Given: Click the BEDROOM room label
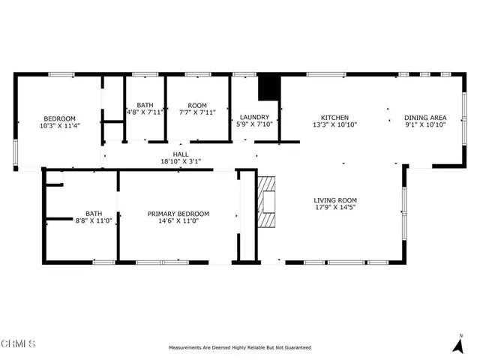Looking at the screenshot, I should tap(59, 118).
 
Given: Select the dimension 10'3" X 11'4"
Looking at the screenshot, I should tap(59, 126).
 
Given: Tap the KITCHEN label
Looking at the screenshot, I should tap(334, 118).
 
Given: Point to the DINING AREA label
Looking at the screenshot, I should tap(425, 118).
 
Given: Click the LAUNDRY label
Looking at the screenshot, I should tap(254, 118).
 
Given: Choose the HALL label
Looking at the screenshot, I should tap(181, 154).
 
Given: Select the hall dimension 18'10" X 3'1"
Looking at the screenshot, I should tap(181, 161).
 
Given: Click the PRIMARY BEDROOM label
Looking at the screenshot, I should tap(178, 214).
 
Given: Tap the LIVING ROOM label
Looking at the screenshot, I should tap(335, 200).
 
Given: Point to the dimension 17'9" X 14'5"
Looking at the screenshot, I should tap(335, 208).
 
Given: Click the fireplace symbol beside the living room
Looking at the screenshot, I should tap(266, 201).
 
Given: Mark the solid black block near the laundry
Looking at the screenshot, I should tap(268, 88).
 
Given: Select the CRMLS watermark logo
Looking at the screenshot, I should tap(18, 344).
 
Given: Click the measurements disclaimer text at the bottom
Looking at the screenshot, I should tap(239, 348).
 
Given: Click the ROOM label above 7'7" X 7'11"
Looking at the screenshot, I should tap(197, 105).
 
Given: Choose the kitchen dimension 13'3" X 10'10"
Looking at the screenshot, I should tap(334, 125).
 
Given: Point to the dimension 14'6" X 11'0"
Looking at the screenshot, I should tap(178, 221).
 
